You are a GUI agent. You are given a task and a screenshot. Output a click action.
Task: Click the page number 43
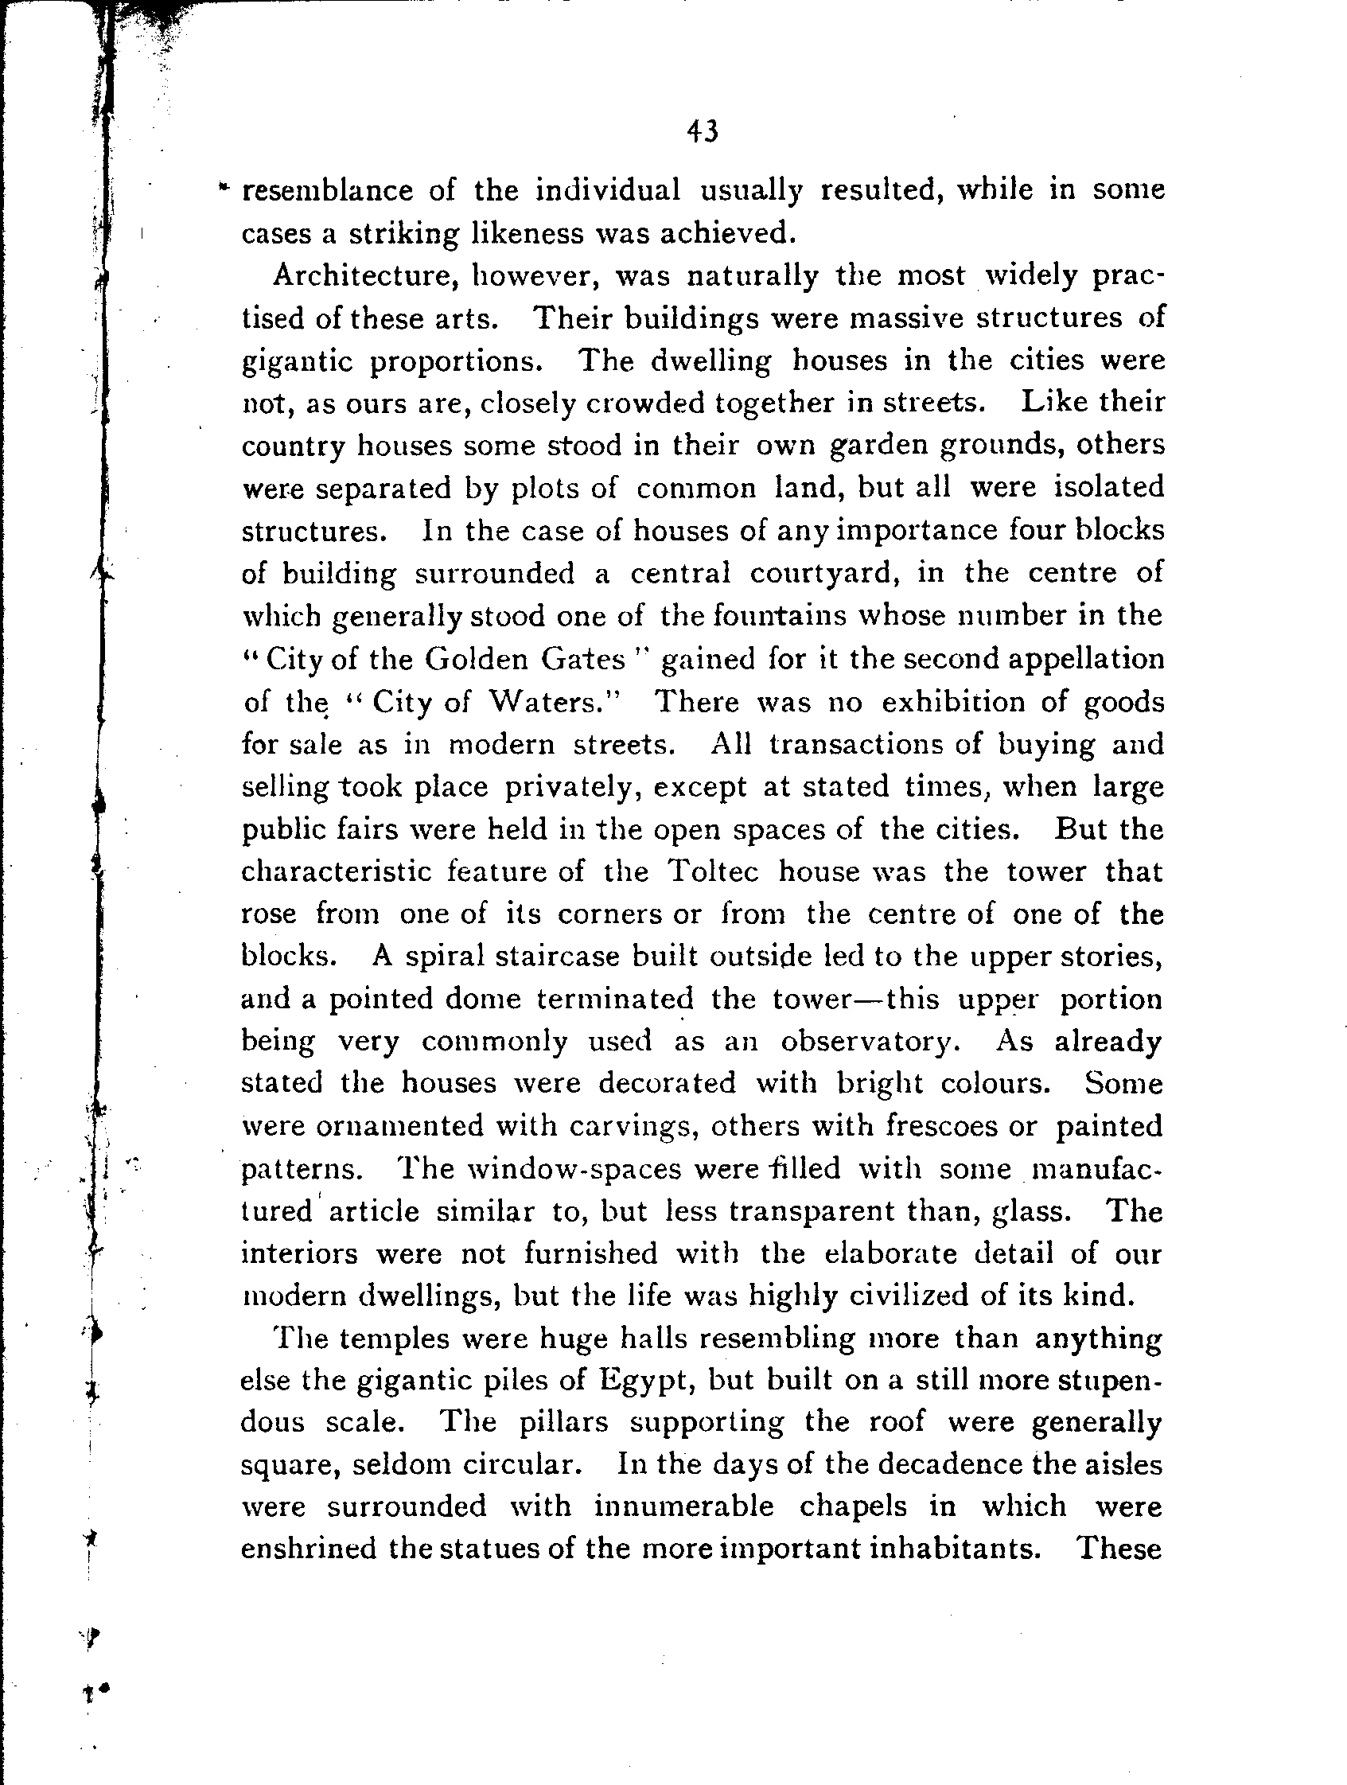[702, 131]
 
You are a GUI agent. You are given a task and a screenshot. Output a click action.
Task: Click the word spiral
[441, 957]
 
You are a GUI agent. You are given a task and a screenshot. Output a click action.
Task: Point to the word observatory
[870, 1042]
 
